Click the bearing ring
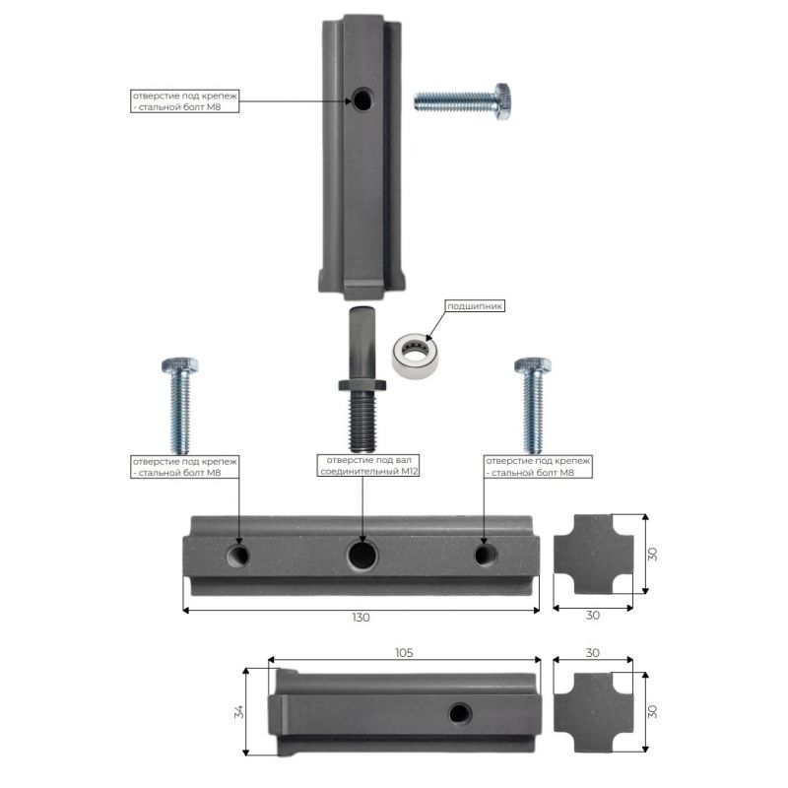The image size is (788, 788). coord(415,356)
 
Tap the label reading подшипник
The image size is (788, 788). coord(475,306)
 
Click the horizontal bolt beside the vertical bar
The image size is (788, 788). coord(463,101)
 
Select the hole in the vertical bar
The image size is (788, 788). coord(362,99)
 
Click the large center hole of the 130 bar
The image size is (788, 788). coord(362,555)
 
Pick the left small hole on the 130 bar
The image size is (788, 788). coord(238,556)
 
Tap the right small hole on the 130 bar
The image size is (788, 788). coord(486,555)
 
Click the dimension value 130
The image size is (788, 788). coord(361,618)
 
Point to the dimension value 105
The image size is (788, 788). coord(404,652)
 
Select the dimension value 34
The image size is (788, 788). coord(239,711)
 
